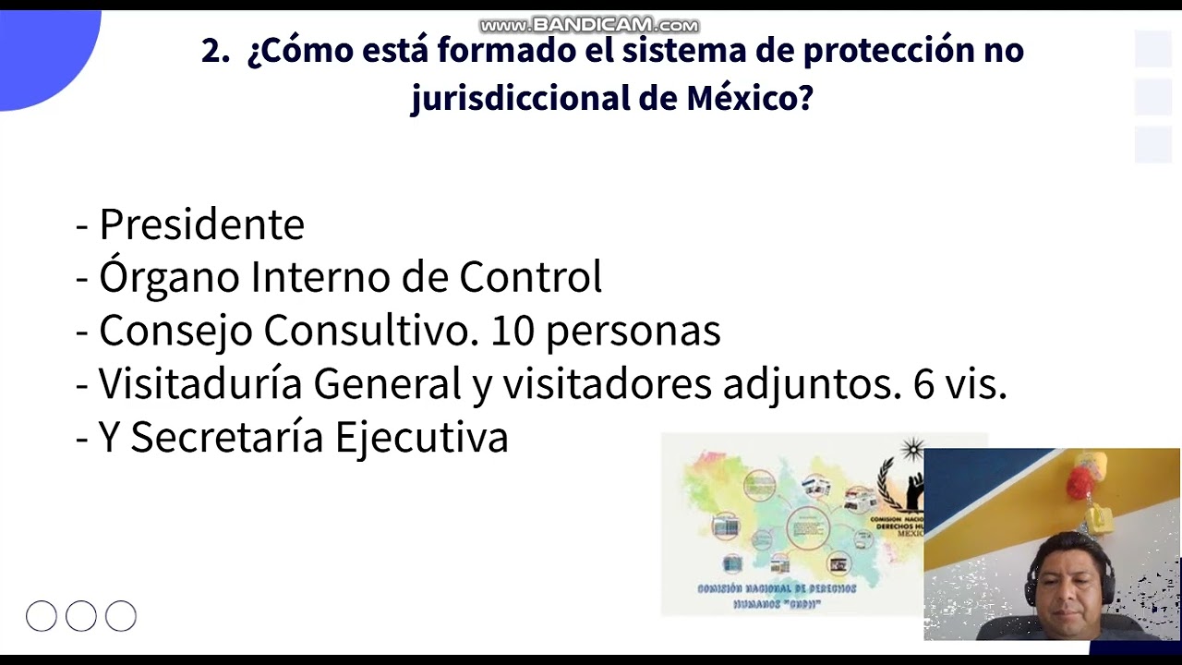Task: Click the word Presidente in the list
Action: click(x=201, y=224)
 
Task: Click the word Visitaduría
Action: click(x=200, y=384)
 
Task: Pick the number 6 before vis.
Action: click(x=923, y=384)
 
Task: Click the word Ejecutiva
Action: click(x=421, y=437)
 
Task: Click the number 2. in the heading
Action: click(x=215, y=52)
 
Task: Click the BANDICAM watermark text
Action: click(x=589, y=25)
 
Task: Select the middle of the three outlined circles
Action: click(x=81, y=616)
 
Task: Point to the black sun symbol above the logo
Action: click(x=912, y=450)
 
